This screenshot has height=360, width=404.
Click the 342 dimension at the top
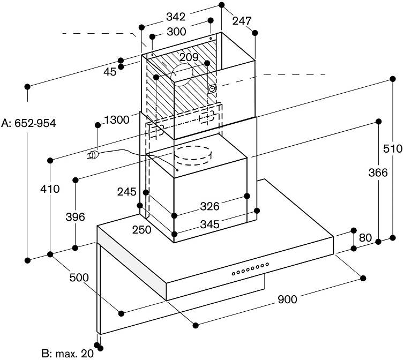point(176,17)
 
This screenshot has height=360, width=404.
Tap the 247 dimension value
point(242,21)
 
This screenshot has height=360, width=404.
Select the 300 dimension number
point(176,32)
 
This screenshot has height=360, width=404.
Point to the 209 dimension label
point(189,57)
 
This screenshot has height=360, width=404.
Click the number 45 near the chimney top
point(110,72)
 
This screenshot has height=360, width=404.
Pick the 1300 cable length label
point(117,120)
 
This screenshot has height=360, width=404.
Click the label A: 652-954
point(28,123)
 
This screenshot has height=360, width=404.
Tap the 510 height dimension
point(393,149)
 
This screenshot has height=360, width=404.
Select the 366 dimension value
point(378,172)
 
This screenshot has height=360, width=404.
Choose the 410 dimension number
point(50,189)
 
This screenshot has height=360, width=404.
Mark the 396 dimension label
point(75,217)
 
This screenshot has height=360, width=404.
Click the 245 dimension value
point(127,192)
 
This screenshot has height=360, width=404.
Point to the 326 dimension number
point(210,206)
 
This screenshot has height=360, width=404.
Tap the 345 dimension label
point(210,224)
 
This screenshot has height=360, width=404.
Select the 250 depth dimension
point(141,230)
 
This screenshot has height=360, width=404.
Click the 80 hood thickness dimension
point(365,238)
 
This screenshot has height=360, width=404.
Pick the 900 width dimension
point(287,299)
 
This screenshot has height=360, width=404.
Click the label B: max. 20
point(68,354)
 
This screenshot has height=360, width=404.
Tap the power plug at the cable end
point(93,155)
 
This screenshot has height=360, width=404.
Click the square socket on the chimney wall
point(212,89)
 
